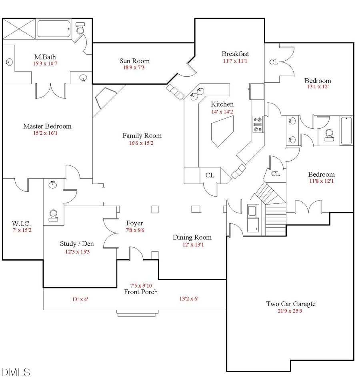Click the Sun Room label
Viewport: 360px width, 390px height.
(x=134, y=61)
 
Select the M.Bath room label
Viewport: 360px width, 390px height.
(x=44, y=57)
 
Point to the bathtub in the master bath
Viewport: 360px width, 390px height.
(x=54, y=29)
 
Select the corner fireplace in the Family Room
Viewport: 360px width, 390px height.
(x=105, y=99)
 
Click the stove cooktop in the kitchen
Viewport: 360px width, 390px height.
(x=256, y=124)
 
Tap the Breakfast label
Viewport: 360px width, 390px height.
(x=236, y=54)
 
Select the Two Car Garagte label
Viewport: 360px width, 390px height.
(x=291, y=304)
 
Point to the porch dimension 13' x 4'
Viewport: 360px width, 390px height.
(x=80, y=299)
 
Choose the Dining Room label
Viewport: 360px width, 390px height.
(x=192, y=237)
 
